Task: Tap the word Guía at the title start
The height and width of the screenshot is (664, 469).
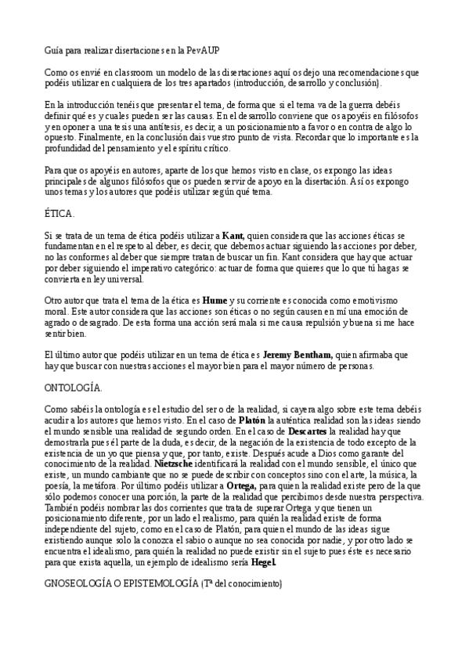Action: click(x=53, y=50)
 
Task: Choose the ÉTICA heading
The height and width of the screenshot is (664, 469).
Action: click(x=60, y=213)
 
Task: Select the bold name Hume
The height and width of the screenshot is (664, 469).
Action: click(x=214, y=300)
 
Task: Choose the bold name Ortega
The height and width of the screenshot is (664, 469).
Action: click(x=240, y=485)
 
